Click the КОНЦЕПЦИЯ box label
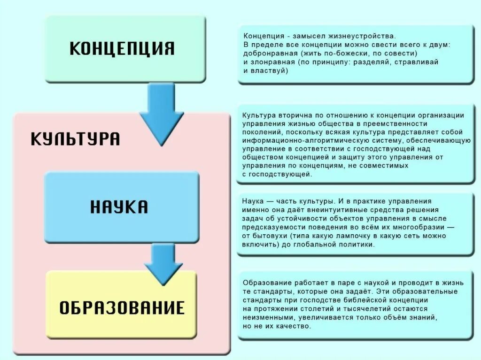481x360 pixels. (122, 48)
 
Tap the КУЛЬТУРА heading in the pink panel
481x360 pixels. (75, 139)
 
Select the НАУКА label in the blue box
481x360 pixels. (119, 207)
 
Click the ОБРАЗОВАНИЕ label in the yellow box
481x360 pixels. (122, 308)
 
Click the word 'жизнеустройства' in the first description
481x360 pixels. (368, 36)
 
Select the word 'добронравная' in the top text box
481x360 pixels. (266, 54)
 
